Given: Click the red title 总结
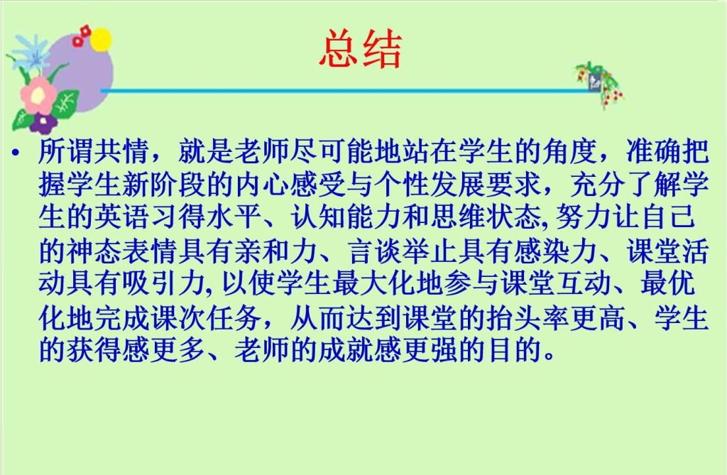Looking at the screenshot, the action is point(361,49).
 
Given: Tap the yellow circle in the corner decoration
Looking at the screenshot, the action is point(101,40).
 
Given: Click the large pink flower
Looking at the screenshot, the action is point(38,96).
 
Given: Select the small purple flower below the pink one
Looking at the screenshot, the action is point(43,123).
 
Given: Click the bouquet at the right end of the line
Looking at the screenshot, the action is point(599,84).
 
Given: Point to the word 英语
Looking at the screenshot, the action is point(122,217).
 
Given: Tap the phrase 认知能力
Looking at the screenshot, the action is point(346,217).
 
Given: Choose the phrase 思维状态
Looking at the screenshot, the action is point(486,217).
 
